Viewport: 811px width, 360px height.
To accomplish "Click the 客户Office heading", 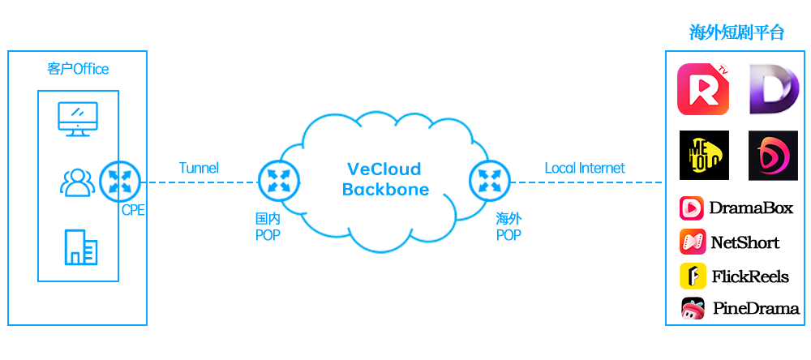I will point(78,69).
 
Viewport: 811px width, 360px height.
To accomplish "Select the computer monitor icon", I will point(79,118).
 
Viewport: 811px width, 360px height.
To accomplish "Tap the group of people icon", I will point(77,182).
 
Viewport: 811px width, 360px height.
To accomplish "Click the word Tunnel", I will point(199,169).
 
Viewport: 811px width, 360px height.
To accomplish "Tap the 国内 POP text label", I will point(268,227).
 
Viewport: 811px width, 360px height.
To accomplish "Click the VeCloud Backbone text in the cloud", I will point(384,179).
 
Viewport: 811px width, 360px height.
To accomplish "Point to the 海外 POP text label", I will point(509,227).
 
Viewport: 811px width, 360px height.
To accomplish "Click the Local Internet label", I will point(585,169).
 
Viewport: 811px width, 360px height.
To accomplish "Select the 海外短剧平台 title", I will point(736,33).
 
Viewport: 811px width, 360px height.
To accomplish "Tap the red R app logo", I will point(703,89).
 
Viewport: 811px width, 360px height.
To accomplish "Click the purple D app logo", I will point(773,89).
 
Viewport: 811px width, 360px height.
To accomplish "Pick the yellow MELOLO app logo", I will point(703,155).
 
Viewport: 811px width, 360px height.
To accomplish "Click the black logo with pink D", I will point(773,155).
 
